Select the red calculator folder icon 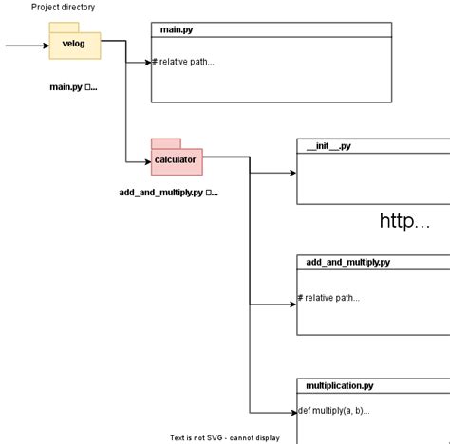coord(176,158)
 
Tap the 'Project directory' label coord(63,8)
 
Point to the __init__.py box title coord(328,146)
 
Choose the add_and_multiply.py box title coord(347,262)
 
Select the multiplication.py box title coord(339,386)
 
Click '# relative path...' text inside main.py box coord(183,63)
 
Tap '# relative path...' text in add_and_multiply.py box coord(328,298)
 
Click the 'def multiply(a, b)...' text coord(333,411)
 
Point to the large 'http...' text coord(404,221)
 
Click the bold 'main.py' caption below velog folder coord(73,87)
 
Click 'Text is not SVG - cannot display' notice coord(225,438)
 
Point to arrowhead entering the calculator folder coord(146,161)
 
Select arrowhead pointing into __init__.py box coord(292,174)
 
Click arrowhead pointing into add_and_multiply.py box coord(292,305)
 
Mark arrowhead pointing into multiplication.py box coord(292,413)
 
